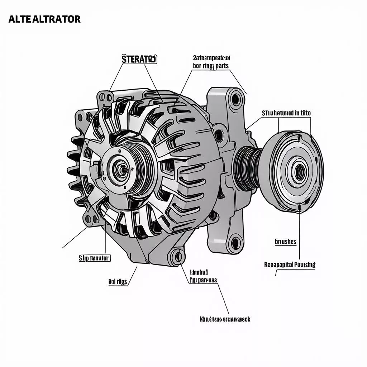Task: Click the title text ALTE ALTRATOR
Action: [44, 19]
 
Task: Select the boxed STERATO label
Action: [139, 59]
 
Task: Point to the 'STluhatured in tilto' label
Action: [286, 113]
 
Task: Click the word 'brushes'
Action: [285, 242]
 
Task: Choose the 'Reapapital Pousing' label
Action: [290, 265]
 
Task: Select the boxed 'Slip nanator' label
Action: [94, 258]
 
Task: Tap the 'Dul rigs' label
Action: [118, 282]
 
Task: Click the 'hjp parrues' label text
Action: [203, 281]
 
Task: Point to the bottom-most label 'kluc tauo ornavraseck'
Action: [224, 319]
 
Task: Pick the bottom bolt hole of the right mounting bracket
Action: [235, 243]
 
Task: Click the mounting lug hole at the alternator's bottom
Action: [176, 256]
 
